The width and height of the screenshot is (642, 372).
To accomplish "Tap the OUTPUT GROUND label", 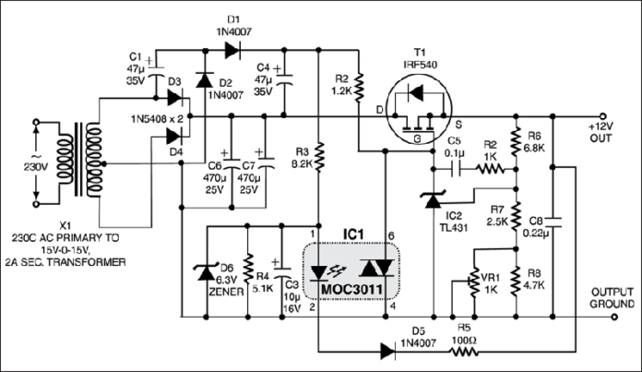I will [x=609, y=298].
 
